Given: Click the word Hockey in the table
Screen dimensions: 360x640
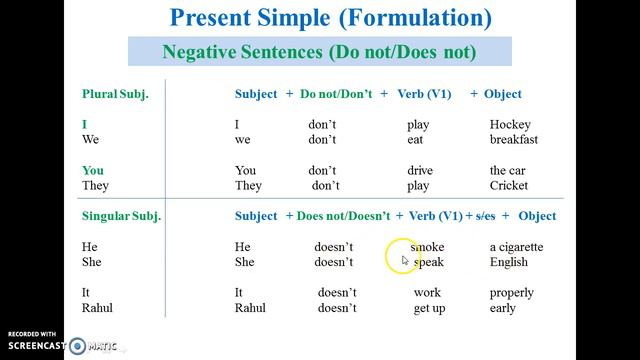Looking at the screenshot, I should point(510,125).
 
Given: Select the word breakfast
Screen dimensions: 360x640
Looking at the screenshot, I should point(514,140).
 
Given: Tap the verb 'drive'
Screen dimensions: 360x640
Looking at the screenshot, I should point(420,171).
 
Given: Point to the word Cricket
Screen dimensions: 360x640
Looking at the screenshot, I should point(509,186).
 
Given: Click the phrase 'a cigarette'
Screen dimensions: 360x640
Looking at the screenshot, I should point(517,247).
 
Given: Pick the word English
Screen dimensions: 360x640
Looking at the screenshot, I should point(509,262).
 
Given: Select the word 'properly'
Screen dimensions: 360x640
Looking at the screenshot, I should point(512,293).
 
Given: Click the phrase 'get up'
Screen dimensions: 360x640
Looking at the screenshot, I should point(430,308).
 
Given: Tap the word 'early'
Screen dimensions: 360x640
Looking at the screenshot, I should point(503,308).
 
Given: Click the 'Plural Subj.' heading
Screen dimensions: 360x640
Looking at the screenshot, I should point(113,94).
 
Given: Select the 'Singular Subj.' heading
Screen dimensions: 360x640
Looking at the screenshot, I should point(121,216).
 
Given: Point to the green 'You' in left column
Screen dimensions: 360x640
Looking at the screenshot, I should point(93,171).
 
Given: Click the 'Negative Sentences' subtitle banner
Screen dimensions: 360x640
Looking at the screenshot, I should point(320,51).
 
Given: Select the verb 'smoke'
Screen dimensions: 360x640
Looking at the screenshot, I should point(427,247).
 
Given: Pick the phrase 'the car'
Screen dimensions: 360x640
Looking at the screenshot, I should point(507,171).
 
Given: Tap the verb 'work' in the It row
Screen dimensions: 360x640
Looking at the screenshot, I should point(427,293).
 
